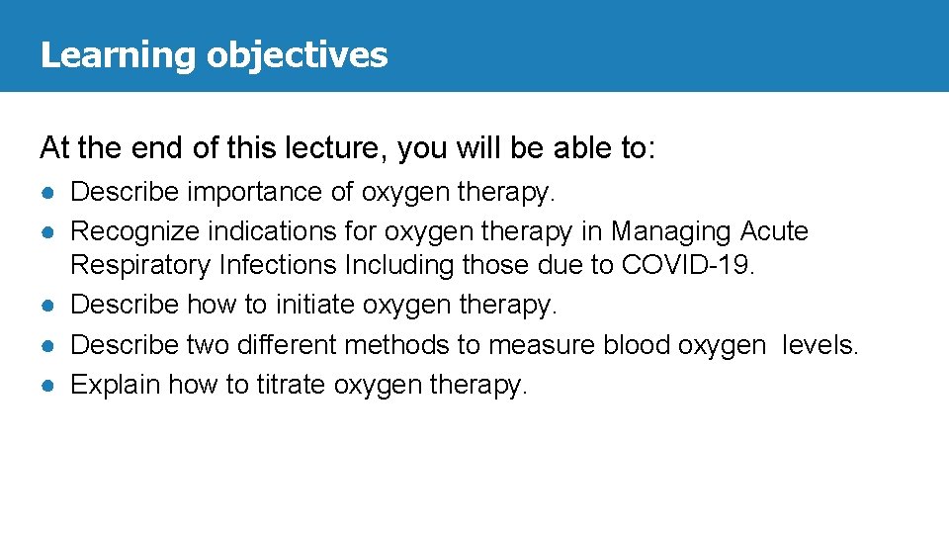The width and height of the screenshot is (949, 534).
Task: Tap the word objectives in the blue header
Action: (x=297, y=54)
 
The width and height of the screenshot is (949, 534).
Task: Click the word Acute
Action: (x=774, y=231)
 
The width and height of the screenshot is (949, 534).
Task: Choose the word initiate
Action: (x=316, y=306)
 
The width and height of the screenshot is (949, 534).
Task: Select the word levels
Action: (x=820, y=345)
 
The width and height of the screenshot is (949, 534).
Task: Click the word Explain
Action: (x=116, y=385)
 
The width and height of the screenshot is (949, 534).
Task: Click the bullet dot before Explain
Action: (x=47, y=385)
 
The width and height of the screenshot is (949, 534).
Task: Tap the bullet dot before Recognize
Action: (x=47, y=232)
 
